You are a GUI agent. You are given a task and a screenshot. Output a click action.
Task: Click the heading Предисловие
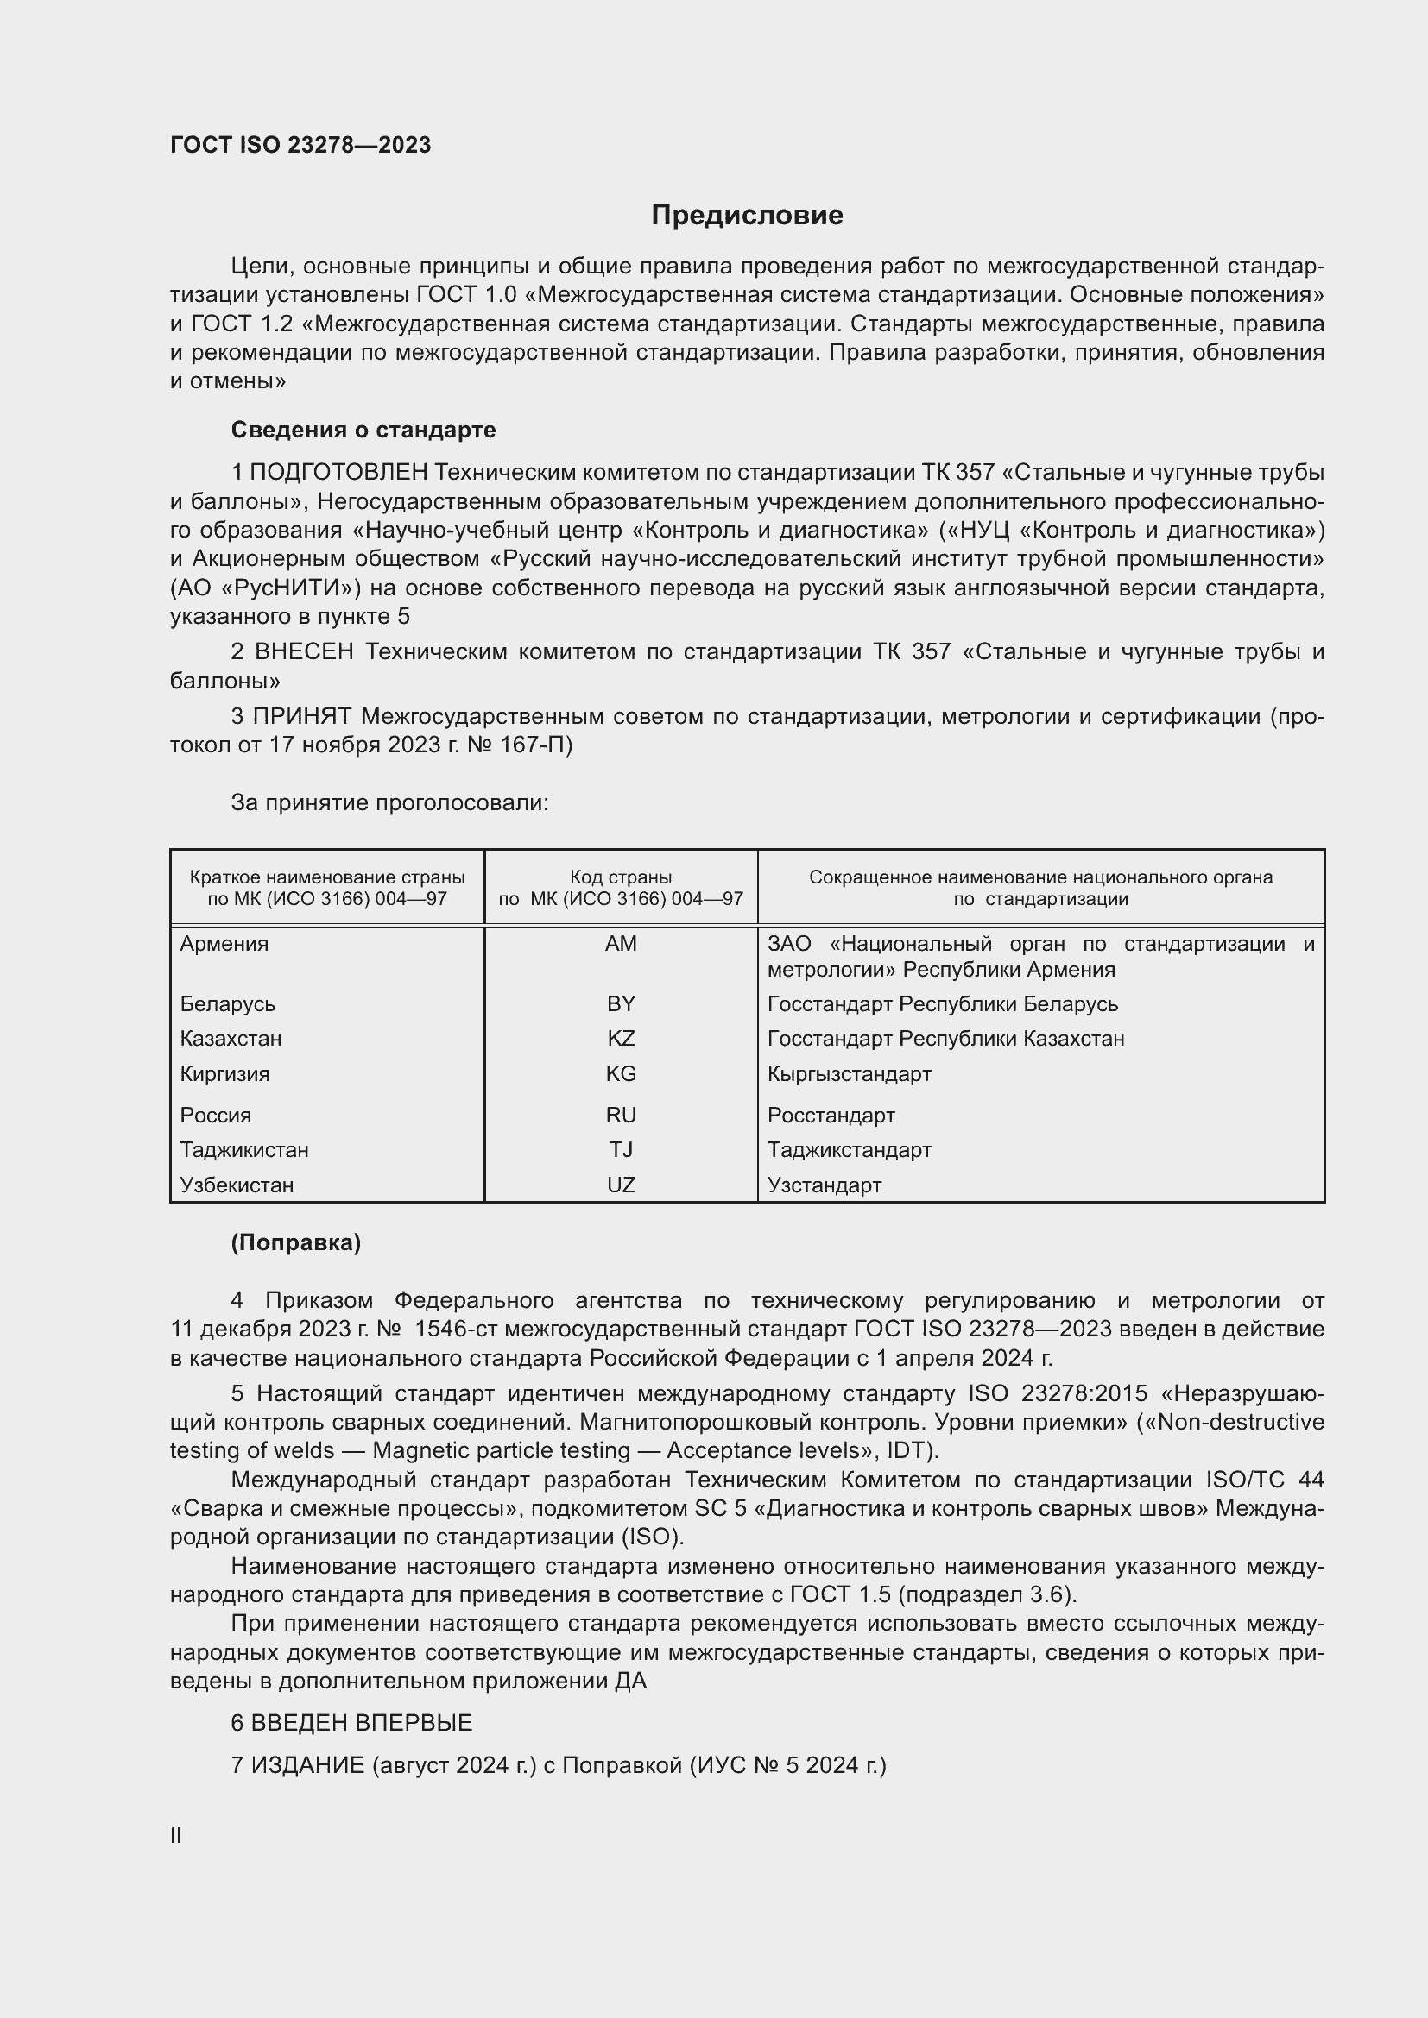click(x=747, y=216)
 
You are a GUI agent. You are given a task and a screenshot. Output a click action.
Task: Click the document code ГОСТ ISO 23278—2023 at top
click(x=300, y=145)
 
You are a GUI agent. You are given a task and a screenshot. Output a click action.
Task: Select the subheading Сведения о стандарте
click(x=363, y=430)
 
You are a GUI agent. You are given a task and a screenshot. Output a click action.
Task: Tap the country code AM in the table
click(x=621, y=944)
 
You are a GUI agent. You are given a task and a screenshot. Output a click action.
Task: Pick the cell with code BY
click(x=621, y=1003)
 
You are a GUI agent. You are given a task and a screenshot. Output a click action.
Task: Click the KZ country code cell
click(x=621, y=1039)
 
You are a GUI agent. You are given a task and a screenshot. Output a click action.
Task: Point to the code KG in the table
click(x=621, y=1074)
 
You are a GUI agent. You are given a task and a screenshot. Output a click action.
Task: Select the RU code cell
click(x=621, y=1116)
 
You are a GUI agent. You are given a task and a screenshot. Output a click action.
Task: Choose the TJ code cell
click(x=621, y=1149)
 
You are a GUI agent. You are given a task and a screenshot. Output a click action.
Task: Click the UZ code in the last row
click(x=621, y=1185)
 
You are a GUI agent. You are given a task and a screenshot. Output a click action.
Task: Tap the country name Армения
click(x=224, y=944)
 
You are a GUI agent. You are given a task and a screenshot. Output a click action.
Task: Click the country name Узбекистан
click(x=237, y=1185)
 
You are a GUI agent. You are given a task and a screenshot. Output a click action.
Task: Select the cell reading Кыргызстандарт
click(x=849, y=1074)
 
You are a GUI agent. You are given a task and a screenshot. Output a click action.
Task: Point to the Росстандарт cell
click(x=831, y=1116)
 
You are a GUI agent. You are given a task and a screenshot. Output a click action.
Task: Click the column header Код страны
click(x=621, y=877)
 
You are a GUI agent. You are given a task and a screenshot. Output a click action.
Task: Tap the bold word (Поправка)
click(x=295, y=1242)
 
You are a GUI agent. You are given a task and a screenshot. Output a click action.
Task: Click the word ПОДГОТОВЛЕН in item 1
click(x=339, y=473)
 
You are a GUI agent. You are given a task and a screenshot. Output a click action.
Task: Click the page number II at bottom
click(x=176, y=1836)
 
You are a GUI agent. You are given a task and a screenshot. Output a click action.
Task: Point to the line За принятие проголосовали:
click(x=389, y=802)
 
